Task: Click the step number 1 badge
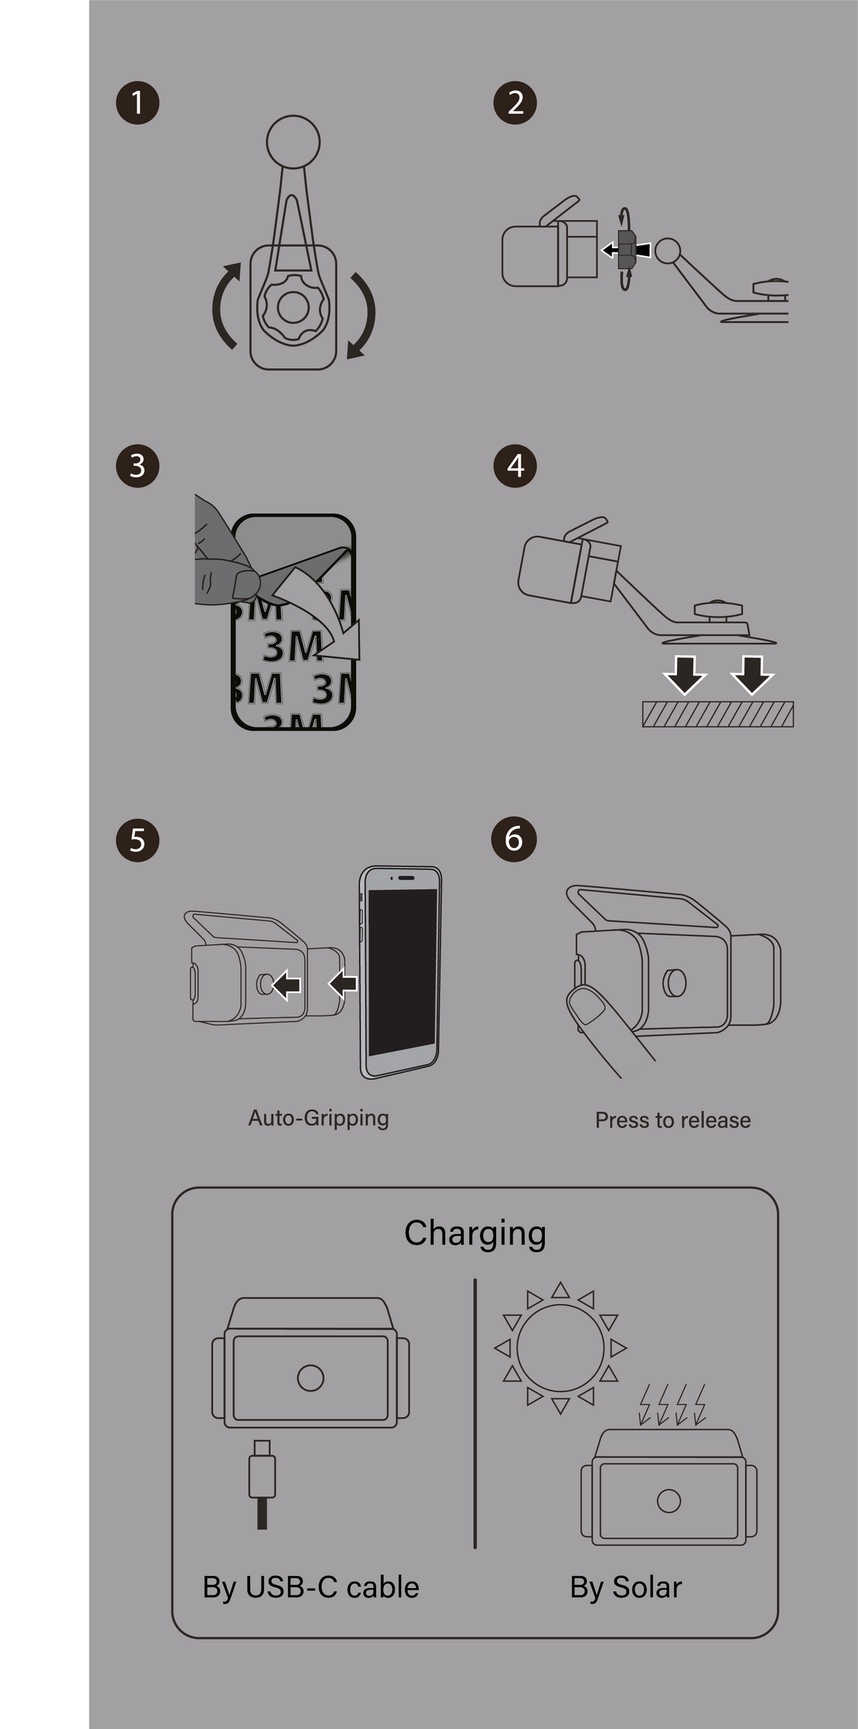(137, 103)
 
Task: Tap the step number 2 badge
(516, 103)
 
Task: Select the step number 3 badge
(137, 466)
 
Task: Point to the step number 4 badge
(516, 466)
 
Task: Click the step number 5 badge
(137, 840)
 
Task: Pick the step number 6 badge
(514, 838)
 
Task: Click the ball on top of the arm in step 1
(293, 142)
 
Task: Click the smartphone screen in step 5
(402, 972)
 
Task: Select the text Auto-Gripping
(318, 1118)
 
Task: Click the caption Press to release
(673, 1120)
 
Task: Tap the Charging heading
(475, 1234)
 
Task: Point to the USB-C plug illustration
(262, 1484)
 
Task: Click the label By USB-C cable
(311, 1587)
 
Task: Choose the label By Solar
(626, 1587)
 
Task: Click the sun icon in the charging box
(561, 1348)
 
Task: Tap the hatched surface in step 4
(718, 714)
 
